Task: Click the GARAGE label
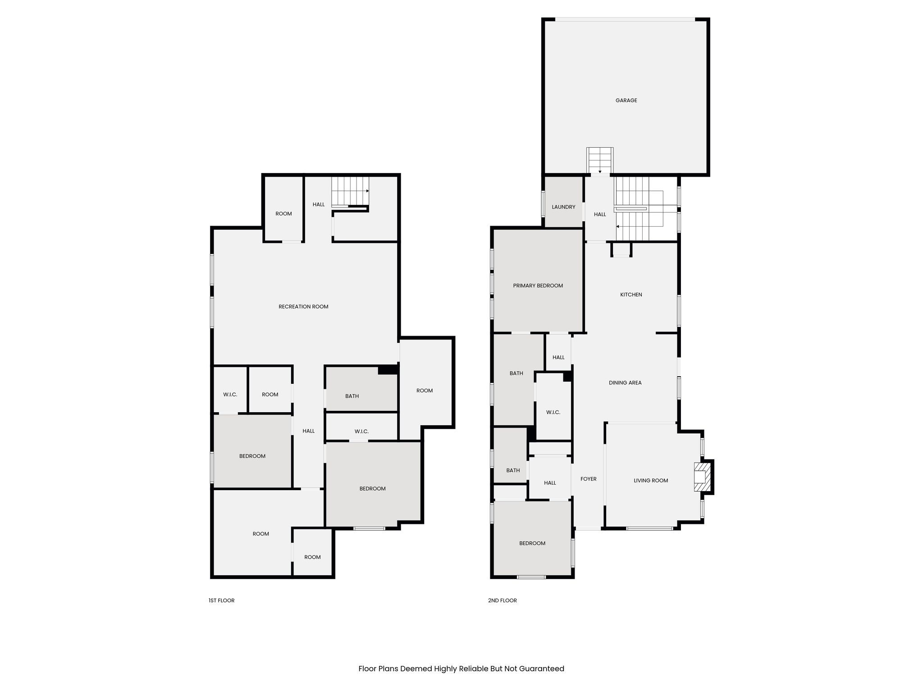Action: [x=626, y=100]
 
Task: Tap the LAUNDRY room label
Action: [x=563, y=207]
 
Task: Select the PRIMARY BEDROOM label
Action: [x=538, y=286]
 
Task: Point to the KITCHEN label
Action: [x=631, y=295]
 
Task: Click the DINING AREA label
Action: [x=625, y=383]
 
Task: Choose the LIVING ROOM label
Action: [x=651, y=481]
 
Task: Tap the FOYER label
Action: [x=588, y=479]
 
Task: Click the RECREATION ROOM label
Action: [x=303, y=307]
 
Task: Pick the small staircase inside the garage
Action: [x=600, y=160]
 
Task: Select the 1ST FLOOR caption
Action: [x=221, y=601]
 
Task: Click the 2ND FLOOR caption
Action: [x=502, y=601]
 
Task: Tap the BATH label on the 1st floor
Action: [x=352, y=396]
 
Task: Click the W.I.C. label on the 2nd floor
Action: [x=553, y=413]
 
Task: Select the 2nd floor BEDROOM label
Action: [x=532, y=543]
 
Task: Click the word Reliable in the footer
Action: [x=474, y=669]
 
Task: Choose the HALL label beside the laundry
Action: [x=600, y=214]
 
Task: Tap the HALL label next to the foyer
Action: [x=550, y=483]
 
